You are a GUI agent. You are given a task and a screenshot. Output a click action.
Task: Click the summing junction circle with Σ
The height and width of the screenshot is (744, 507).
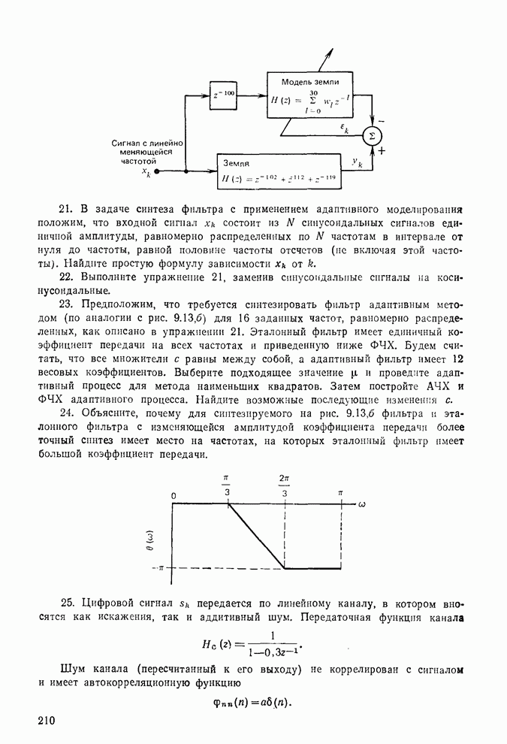[370, 135]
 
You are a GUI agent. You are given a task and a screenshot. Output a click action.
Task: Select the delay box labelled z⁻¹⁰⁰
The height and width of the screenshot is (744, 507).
[224, 94]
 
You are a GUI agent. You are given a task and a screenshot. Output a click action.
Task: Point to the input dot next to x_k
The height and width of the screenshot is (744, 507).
[157, 171]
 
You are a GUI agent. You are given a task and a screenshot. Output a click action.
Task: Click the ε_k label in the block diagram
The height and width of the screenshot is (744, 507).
[344, 129]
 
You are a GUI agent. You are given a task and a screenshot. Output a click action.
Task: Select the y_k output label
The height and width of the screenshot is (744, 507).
[357, 162]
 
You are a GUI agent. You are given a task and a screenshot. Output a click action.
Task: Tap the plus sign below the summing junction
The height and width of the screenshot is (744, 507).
[382, 150]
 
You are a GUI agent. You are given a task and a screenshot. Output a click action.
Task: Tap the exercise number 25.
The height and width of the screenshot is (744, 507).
[68, 603]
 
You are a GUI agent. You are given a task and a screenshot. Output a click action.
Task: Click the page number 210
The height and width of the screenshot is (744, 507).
[45, 721]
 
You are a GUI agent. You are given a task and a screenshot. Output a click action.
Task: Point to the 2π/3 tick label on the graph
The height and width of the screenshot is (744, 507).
[285, 485]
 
